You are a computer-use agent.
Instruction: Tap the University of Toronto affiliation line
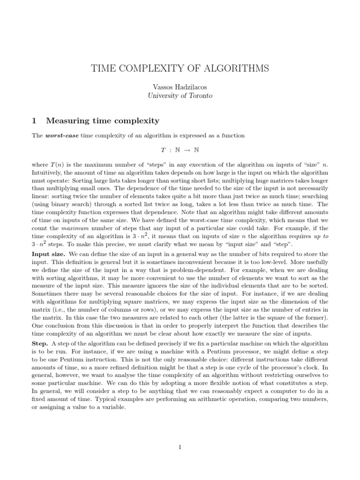tap(180, 96)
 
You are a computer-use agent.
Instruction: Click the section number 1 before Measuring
tap(34, 121)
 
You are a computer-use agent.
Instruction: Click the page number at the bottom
tap(180, 447)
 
